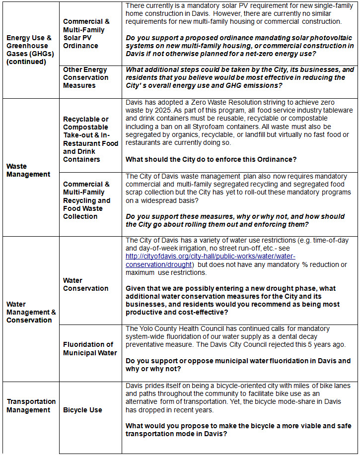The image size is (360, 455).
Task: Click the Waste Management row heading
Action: point(28,170)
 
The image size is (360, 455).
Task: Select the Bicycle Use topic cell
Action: point(82,410)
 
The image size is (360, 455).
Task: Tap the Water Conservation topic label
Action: point(85,284)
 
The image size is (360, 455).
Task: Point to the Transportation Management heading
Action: point(31,405)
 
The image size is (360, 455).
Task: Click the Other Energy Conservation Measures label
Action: point(85,77)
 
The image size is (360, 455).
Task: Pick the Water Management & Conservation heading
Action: point(31,312)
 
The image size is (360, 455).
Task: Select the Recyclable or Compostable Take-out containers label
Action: point(90,139)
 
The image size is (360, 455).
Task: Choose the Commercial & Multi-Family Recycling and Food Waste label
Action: point(86,200)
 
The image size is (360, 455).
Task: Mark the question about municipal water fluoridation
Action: point(238,365)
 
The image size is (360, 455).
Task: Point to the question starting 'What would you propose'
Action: point(238,430)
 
